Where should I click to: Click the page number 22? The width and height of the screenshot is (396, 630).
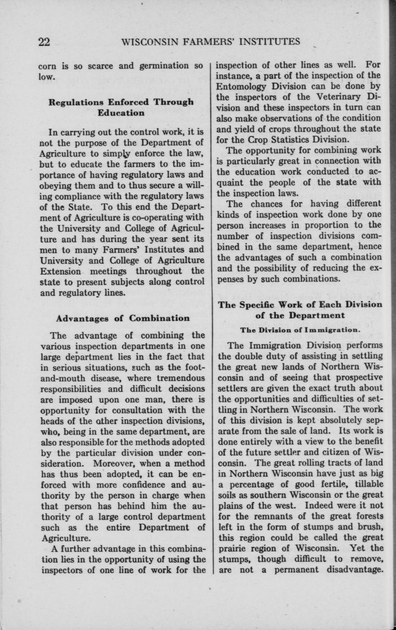pos(44,42)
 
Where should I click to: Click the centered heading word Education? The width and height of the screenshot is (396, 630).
pos(121,112)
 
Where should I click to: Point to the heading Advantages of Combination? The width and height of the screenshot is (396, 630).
pos(121,318)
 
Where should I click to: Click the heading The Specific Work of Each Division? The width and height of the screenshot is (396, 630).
pos(300,305)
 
